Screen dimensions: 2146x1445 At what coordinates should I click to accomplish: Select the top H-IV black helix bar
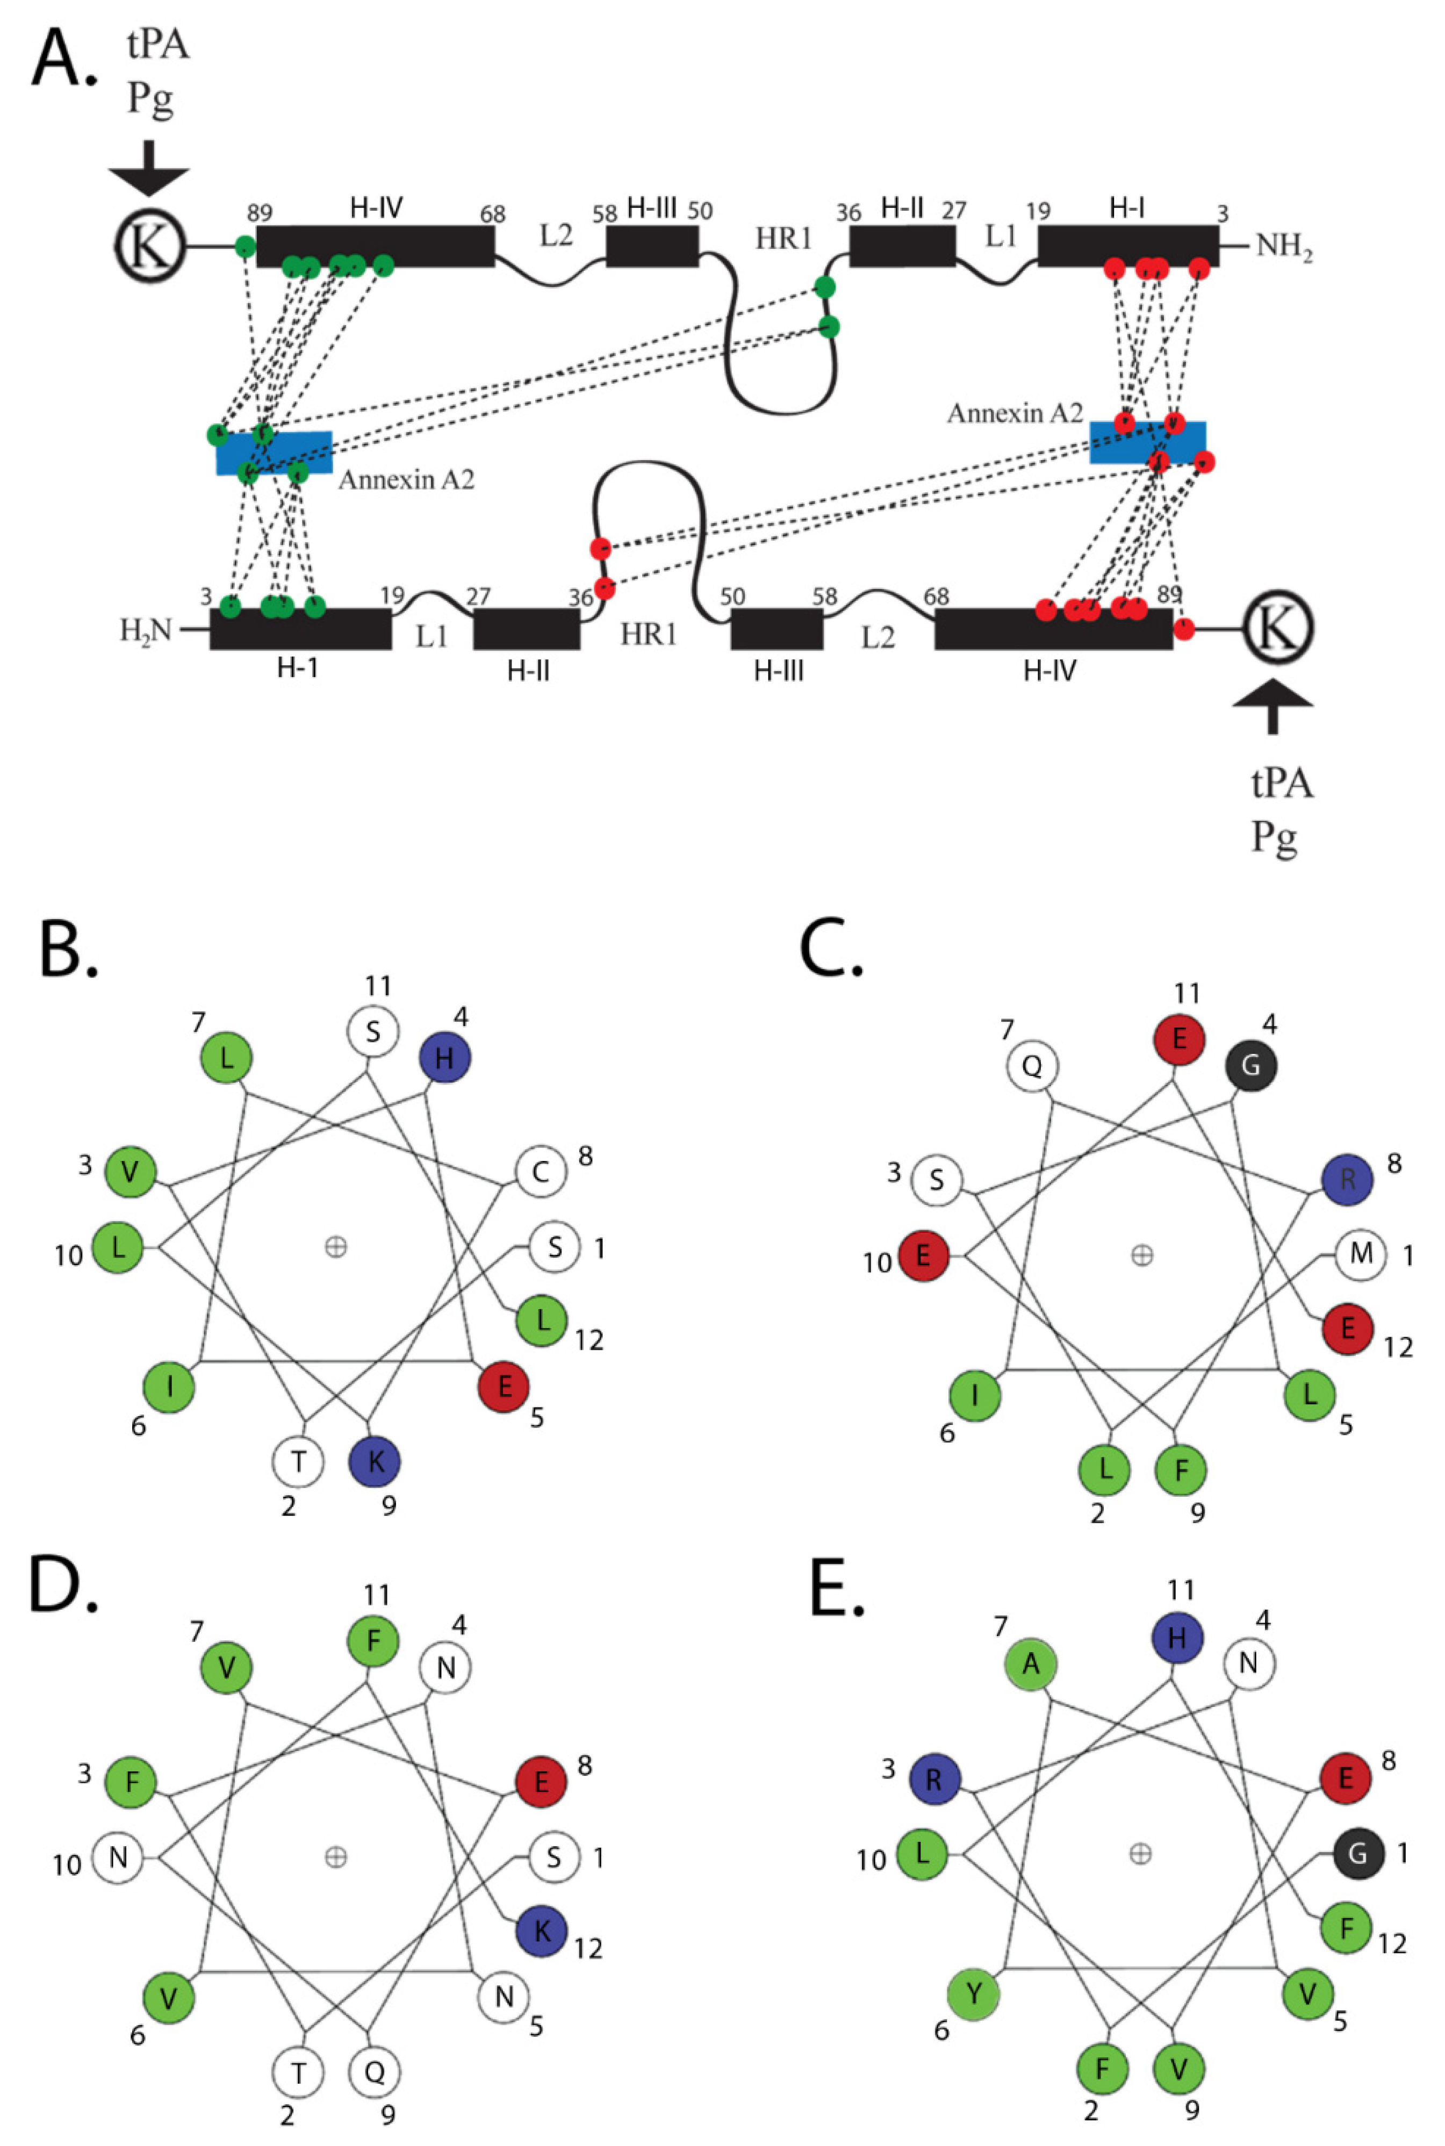375,246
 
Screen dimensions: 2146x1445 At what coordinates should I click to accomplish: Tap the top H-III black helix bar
651,246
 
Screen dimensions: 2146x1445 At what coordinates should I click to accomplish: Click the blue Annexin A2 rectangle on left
274,454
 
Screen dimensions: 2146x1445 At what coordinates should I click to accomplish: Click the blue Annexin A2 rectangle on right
1146,442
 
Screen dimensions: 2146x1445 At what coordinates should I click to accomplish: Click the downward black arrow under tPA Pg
148,169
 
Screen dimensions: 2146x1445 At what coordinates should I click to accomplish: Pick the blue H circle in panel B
445,1058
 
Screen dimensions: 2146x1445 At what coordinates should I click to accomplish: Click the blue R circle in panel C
1347,1180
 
